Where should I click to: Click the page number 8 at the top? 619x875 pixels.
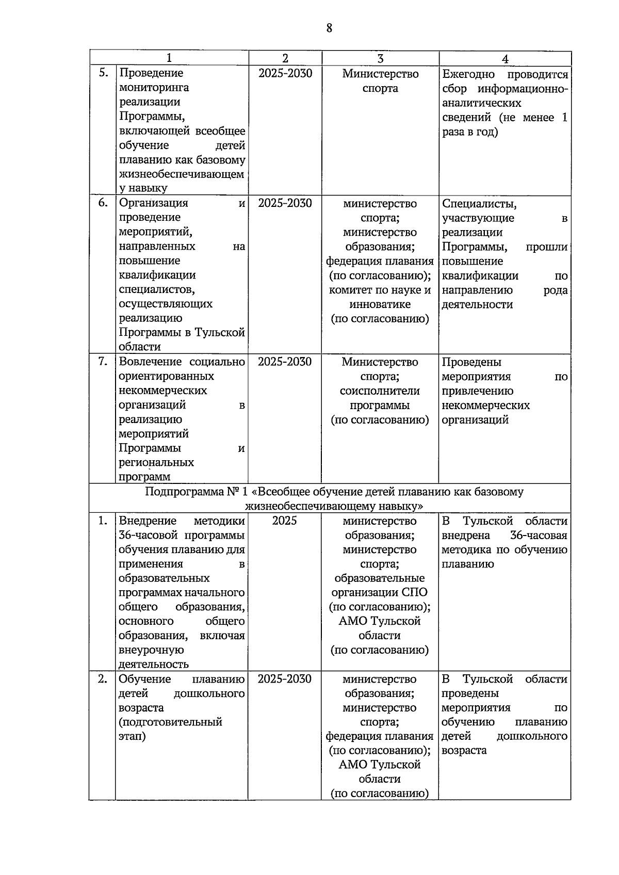point(329,28)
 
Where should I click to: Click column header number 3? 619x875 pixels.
point(380,59)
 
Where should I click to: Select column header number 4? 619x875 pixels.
point(505,59)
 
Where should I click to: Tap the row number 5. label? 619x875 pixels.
point(103,73)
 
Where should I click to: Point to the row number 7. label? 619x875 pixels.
point(103,362)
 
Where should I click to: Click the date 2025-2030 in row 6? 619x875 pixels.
point(285,203)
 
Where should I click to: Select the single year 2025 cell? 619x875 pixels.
point(285,521)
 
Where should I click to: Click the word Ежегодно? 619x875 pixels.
point(468,74)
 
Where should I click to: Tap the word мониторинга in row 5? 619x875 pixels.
point(154,88)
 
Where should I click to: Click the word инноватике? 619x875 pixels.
point(380,304)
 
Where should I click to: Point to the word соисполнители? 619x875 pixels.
point(380,391)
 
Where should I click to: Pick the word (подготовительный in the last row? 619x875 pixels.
point(170,722)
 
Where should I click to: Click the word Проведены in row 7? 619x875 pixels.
point(471,362)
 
